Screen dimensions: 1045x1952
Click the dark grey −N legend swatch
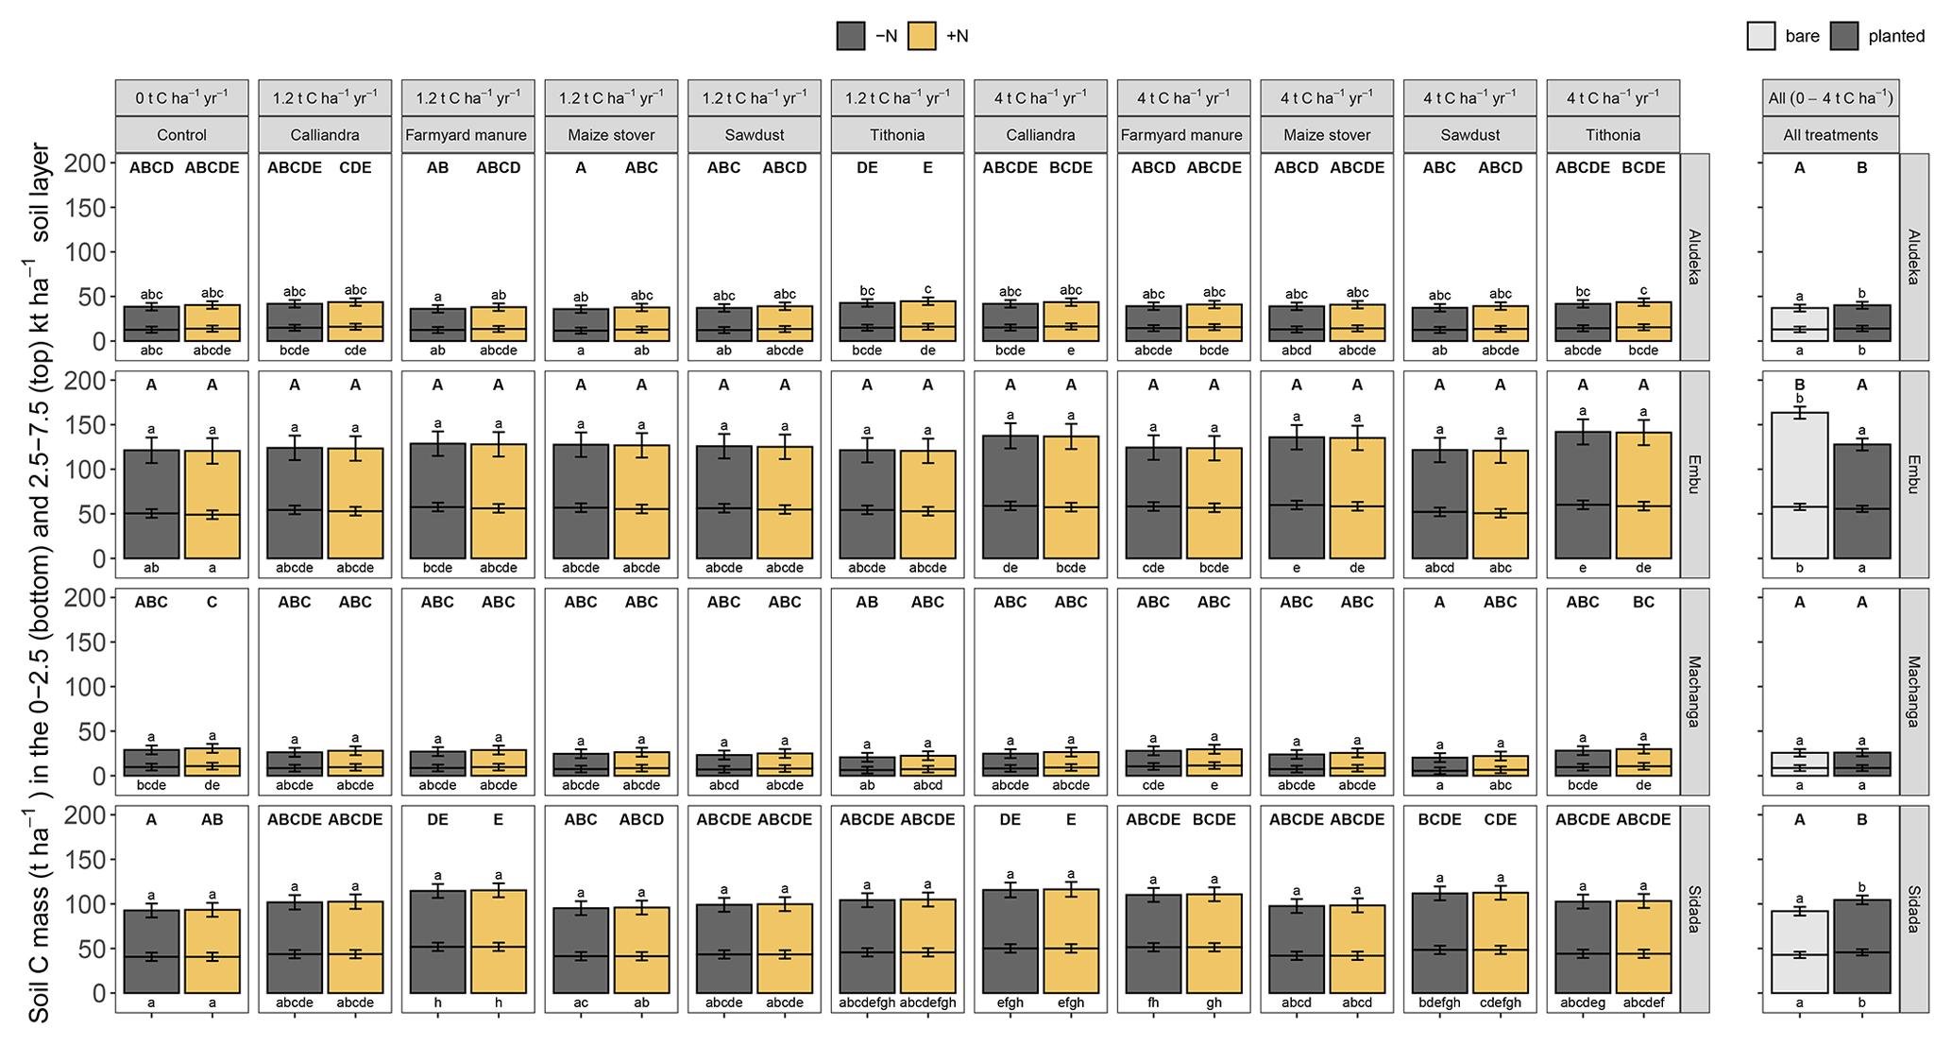pyautogui.click(x=851, y=36)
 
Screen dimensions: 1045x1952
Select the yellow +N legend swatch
pyautogui.click(x=921, y=36)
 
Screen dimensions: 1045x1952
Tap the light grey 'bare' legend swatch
pyautogui.click(x=1761, y=36)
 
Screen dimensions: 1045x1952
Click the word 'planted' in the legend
pyautogui.click(x=1895, y=36)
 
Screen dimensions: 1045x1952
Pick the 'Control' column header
pyautogui.click(x=182, y=135)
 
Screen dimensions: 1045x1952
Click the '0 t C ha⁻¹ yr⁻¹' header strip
pyautogui.click(x=182, y=98)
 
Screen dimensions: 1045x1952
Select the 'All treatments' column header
pyautogui.click(x=1830, y=135)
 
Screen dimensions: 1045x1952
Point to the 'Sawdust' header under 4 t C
pyautogui.click(x=1470, y=135)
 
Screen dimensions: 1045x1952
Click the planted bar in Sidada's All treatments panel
pyautogui.click(x=1861, y=946)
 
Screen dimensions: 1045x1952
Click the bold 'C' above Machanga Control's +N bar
pyautogui.click(x=212, y=602)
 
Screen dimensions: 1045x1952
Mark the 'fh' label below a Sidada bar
pyautogui.click(x=1153, y=1002)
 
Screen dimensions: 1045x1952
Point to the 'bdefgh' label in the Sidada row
pyautogui.click(x=1439, y=1002)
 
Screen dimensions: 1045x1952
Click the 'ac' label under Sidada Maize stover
pyautogui.click(x=581, y=1002)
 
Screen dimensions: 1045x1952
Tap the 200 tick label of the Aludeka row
pyautogui.click(x=85, y=163)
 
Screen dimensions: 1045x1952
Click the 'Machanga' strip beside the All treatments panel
pyautogui.click(x=1913, y=691)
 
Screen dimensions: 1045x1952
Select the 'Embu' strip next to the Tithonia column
pyautogui.click(x=1694, y=474)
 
